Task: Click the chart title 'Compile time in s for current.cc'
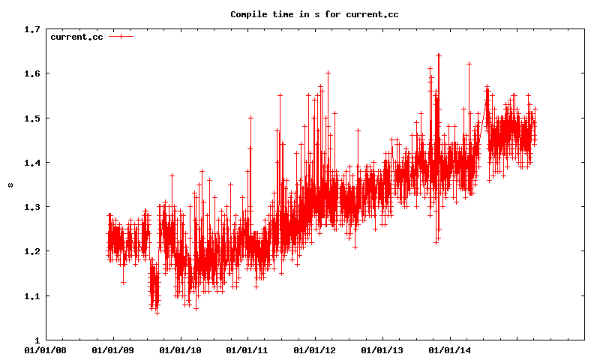pos(314,14)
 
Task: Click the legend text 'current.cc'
pos(76,37)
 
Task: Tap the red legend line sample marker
pos(121,37)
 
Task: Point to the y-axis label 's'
pos(10,184)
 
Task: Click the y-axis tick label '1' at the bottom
pos(37,340)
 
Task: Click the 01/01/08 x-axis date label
pos(46,350)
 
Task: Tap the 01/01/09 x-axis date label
pos(113,350)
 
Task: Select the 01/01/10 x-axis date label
pos(180,350)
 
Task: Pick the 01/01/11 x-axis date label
pos(247,350)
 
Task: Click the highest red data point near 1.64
pos(439,55)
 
